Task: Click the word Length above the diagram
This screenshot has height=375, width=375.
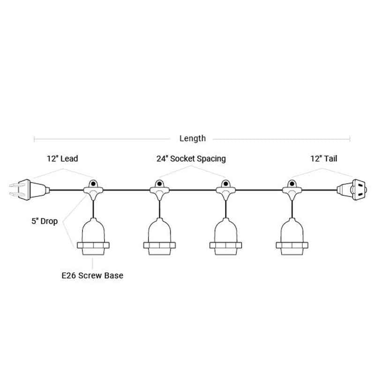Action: coord(193,138)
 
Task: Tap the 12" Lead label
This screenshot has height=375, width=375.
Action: coord(62,158)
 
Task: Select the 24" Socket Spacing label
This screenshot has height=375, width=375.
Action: coord(191,159)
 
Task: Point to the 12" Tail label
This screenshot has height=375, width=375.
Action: coord(324,158)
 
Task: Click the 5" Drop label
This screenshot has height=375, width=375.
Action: coord(45,221)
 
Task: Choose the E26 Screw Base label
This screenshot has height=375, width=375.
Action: coord(92,276)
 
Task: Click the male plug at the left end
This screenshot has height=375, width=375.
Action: coord(30,190)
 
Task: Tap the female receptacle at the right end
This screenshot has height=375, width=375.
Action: coord(352,190)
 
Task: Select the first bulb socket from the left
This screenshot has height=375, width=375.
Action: coord(93,236)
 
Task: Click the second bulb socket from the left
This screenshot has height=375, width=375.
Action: coord(159,236)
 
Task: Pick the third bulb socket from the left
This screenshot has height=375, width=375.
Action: coord(226,236)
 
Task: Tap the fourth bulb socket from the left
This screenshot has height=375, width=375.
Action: coord(292,236)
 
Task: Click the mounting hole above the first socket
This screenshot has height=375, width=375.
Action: coord(93,184)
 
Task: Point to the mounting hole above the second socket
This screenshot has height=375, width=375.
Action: coord(159,184)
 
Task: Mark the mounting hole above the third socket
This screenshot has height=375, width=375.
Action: coord(226,184)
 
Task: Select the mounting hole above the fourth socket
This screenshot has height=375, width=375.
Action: coord(292,184)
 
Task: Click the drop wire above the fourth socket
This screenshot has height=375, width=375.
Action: coord(292,209)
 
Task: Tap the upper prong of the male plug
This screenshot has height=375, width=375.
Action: coord(17,185)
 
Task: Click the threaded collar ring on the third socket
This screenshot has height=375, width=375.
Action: coord(226,245)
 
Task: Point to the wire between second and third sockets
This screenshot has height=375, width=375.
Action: coord(193,190)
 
